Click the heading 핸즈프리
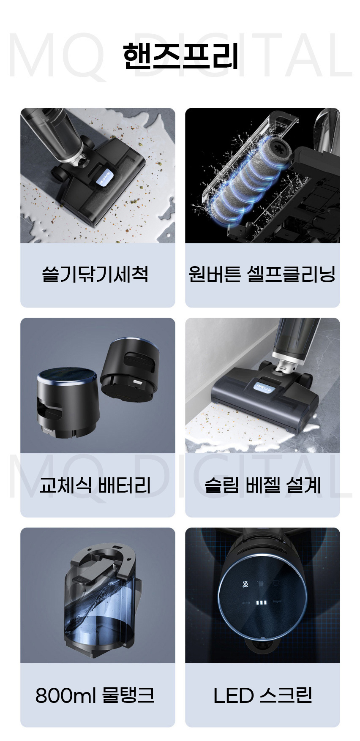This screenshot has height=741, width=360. tap(181, 57)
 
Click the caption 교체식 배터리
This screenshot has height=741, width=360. tap(95, 485)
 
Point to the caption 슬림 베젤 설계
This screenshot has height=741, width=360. tap(263, 485)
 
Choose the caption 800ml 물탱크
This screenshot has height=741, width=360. tap(95, 695)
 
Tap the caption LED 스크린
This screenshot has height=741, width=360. tap(263, 695)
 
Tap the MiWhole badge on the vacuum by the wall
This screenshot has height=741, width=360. tap(264, 387)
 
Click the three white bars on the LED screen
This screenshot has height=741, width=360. tap(262, 602)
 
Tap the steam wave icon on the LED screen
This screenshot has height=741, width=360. tap(245, 585)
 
